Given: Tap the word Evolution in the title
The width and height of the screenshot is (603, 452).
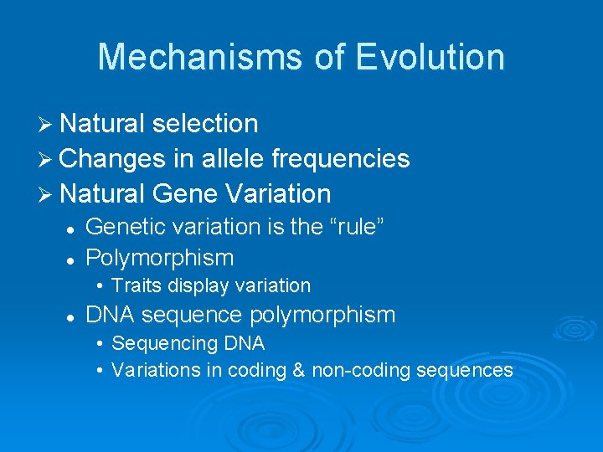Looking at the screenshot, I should [x=430, y=57].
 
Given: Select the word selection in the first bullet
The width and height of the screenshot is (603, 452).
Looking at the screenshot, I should [x=206, y=124].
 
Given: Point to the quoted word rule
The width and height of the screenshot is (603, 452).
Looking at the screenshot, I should [x=355, y=227].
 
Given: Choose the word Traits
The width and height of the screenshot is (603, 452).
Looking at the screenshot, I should [x=137, y=286].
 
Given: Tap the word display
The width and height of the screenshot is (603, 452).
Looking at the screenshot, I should [x=198, y=286].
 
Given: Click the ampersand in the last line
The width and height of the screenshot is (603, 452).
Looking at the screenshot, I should [x=298, y=370].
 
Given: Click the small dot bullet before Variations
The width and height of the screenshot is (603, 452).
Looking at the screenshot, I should [x=99, y=370].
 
